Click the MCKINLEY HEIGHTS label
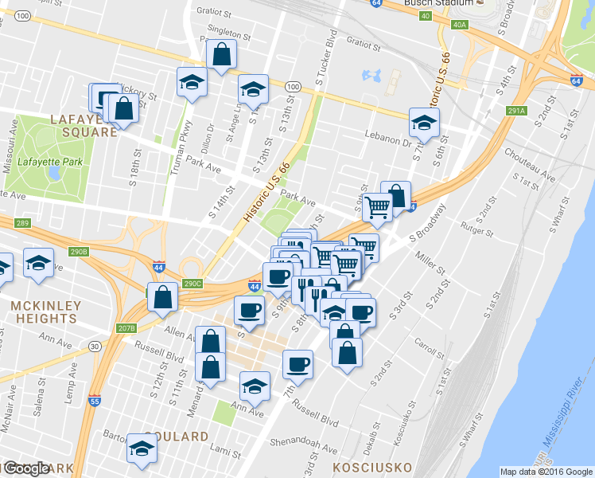[x=44, y=311]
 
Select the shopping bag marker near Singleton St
[x=221, y=55]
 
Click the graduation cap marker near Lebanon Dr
[x=424, y=123]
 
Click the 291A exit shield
[x=516, y=112]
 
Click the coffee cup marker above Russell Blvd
[x=297, y=364]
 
